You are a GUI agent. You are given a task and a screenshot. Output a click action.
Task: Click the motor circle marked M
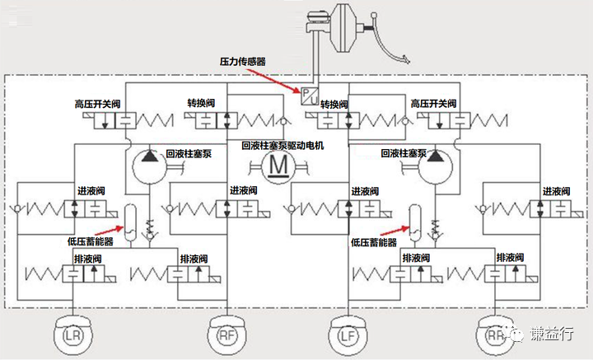tap(278, 166)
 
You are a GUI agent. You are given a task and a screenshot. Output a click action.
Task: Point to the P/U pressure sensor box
tap(310, 96)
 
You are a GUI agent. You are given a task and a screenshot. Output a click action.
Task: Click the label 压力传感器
tap(243, 61)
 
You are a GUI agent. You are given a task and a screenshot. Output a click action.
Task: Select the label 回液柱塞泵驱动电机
tap(282, 146)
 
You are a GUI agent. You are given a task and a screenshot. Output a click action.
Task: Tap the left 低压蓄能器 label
tap(91, 241)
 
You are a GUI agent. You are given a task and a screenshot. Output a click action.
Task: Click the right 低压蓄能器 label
tap(374, 242)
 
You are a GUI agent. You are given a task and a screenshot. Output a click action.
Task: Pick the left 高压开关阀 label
tap(97, 104)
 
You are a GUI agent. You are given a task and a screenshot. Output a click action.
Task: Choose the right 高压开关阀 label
tap(434, 103)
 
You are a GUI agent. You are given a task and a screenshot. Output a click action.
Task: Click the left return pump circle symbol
tap(150, 166)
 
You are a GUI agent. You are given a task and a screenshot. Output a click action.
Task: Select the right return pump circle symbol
tap(436, 166)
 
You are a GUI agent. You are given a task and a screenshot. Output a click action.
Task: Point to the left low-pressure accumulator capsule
tap(130, 222)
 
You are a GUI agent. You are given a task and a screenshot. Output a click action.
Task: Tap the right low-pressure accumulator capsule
tap(415, 222)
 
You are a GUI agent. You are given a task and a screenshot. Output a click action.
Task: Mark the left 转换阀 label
tap(201, 103)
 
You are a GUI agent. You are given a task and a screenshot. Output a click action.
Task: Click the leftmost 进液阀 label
tap(91, 191)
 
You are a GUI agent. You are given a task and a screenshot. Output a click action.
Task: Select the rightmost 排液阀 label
tap(510, 258)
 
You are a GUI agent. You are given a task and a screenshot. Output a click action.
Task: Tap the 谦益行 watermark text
tap(551, 334)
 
